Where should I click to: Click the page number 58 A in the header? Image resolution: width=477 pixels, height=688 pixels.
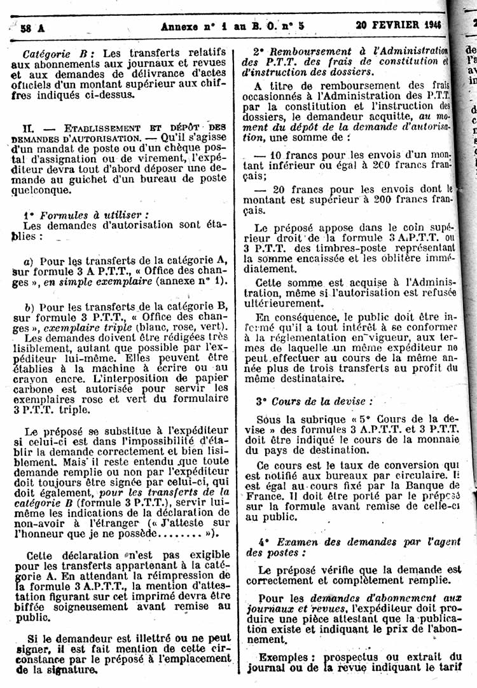(28, 27)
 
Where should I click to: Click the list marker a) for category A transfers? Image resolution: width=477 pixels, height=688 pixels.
(28, 261)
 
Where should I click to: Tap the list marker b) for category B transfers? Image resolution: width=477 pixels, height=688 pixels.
(28, 308)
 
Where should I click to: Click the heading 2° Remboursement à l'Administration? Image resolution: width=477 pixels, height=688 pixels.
(350, 51)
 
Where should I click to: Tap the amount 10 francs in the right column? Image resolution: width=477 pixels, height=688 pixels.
(284, 155)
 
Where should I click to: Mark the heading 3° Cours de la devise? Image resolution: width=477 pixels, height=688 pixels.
(314, 402)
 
